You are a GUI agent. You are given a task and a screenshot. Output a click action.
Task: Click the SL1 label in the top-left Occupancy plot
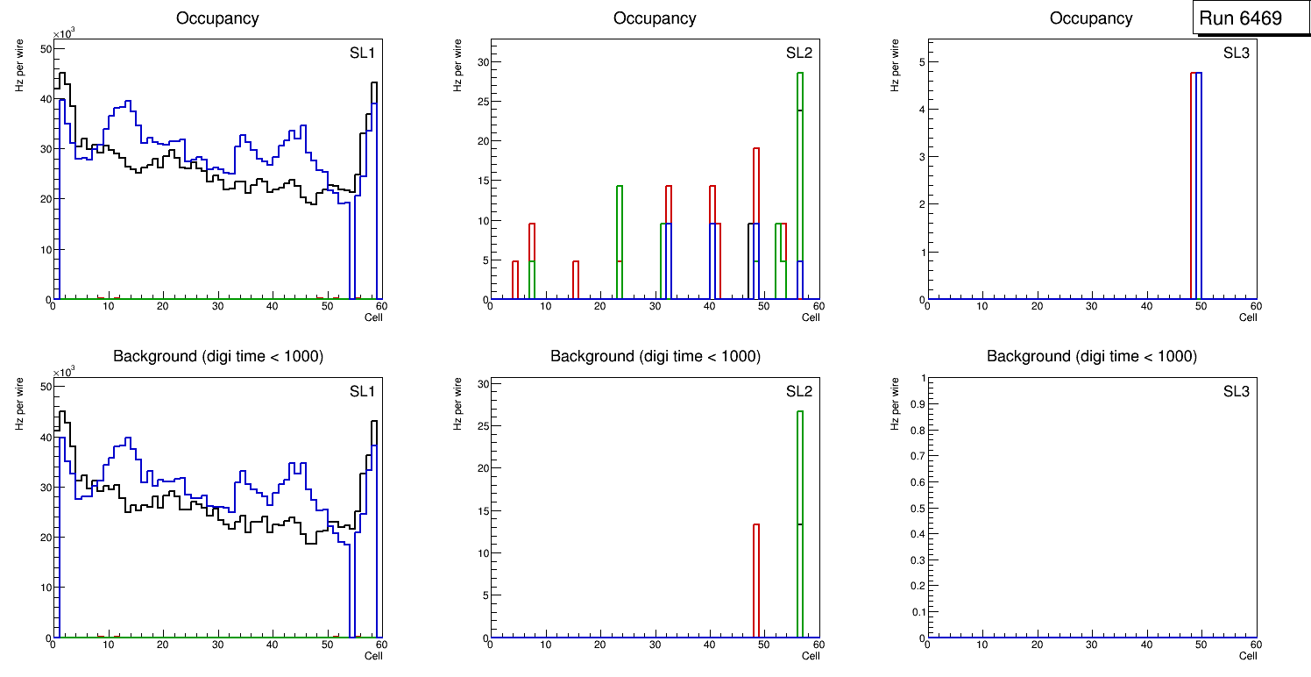pos(362,53)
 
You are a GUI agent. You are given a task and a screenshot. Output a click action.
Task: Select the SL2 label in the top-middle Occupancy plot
pos(799,53)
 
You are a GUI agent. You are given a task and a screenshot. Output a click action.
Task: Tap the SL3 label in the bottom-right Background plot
pos(1236,391)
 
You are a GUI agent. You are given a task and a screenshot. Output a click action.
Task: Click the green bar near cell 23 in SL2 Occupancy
pos(620,237)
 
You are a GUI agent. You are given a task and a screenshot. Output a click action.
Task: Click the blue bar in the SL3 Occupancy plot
pos(1199,184)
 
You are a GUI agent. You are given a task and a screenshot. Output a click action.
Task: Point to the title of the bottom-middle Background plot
pos(655,356)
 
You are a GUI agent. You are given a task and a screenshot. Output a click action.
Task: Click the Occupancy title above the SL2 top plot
pos(655,18)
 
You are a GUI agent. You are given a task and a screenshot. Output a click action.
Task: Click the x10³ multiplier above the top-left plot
pos(64,34)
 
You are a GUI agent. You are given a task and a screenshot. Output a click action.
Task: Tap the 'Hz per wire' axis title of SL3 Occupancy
pos(896,65)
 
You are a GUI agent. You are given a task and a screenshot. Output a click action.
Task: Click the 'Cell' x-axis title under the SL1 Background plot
pos(373,656)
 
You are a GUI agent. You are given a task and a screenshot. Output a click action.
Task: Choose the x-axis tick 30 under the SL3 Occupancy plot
pos(1092,306)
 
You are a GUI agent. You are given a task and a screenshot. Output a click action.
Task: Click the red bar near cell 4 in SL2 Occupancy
pos(515,281)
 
